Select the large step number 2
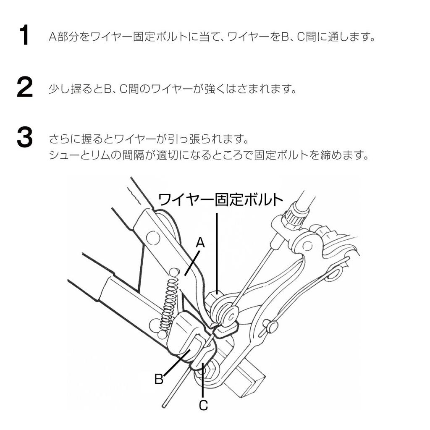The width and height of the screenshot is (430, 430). click(x=24, y=88)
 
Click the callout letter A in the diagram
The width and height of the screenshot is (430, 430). click(x=200, y=242)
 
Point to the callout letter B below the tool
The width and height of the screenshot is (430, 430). click(x=159, y=379)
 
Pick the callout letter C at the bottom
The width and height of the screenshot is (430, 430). click(x=203, y=405)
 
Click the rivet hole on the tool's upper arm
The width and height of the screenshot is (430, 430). click(x=153, y=238)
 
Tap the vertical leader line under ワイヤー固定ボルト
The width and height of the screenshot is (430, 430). click(x=217, y=252)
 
